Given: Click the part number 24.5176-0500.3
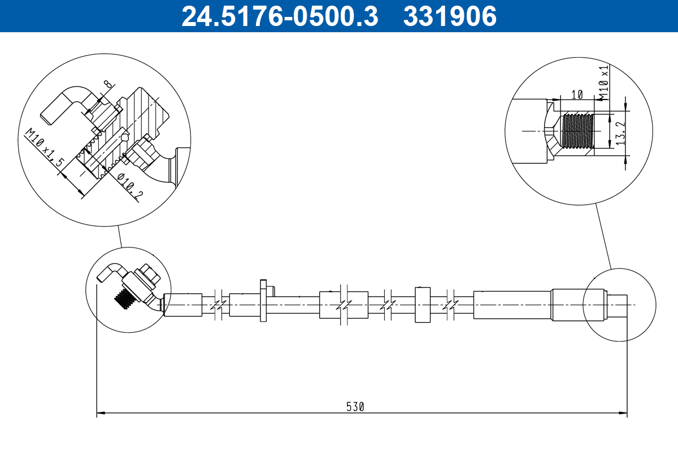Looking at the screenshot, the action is tap(280, 16).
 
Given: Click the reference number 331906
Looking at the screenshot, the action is tap(450, 16).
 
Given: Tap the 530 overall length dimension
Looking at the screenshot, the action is tap(355, 407).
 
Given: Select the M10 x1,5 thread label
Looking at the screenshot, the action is tap(45, 147).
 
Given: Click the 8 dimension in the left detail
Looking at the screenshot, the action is tap(107, 84).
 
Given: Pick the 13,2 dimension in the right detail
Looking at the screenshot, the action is tap(620, 133).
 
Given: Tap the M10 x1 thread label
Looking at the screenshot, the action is tap(604, 82).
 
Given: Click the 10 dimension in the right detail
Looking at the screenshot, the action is tap(577, 95).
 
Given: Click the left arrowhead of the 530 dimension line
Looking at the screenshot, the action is tap(101, 412).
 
